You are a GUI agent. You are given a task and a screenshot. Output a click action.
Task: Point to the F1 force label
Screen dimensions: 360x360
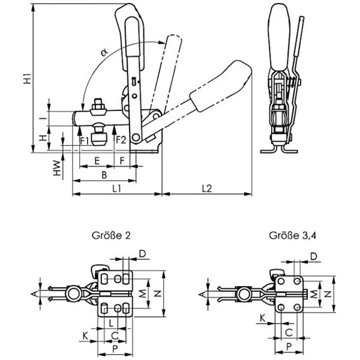pyautogui.click(x=85, y=141)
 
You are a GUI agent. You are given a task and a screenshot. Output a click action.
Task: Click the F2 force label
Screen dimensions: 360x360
pyautogui.click(x=120, y=141)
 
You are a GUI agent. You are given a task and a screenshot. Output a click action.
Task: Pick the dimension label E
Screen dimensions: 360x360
pyautogui.click(x=97, y=161)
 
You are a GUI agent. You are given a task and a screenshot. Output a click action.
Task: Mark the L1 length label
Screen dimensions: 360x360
pyautogui.click(x=118, y=188)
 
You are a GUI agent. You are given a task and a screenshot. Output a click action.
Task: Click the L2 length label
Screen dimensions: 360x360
pyautogui.click(x=207, y=188)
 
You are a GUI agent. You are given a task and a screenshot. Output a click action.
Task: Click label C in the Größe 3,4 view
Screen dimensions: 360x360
pyautogui.click(x=288, y=332)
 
